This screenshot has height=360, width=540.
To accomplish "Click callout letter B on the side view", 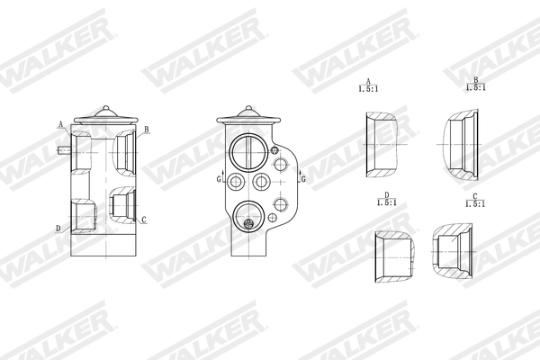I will pos(147,130).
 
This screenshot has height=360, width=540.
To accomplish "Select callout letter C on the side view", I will pos(145,220).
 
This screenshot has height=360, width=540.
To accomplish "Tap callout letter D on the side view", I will pos(58,229).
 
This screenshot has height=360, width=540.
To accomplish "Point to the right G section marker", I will pos(303,179).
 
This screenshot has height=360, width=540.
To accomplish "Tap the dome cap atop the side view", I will pos(104,114).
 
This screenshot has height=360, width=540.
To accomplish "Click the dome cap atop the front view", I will pos(247,114).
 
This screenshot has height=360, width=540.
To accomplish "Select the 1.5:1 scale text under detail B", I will pos(475,87).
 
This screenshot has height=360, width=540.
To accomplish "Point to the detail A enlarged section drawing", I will pos(382,144).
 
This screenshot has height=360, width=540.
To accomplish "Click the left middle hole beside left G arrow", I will pos(236,183).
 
